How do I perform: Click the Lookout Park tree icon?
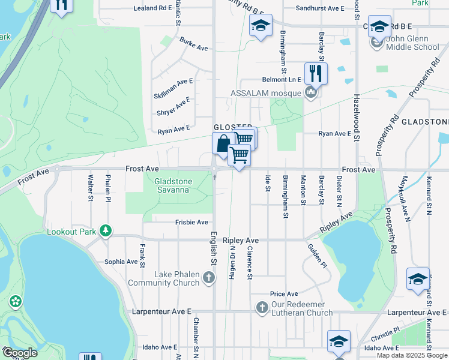pyautogui.click(x=106, y=230)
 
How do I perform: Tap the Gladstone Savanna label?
pyautogui.click(x=172, y=185)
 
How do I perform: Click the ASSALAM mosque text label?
pyautogui.click(x=267, y=93)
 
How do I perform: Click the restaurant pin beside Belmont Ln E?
pyautogui.click(x=316, y=74)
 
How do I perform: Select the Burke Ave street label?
pyautogui.click(x=193, y=44)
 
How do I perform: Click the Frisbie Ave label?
pyautogui.click(x=191, y=222)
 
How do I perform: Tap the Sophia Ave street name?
pyautogui.click(x=121, y=262)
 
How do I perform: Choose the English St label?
pyautogui.click(x=212, y=248)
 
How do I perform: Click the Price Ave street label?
pyautogui.click(x=284, y=294)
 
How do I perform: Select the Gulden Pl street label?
pyautogui.click(x=316, y=256)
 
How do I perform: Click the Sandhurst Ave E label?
pyautogui.click(x=321, y=9)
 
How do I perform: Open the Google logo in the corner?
pyautogui.click(x=20, y=353)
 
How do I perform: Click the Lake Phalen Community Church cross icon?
pyautogui.click(x=208, y=277)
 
